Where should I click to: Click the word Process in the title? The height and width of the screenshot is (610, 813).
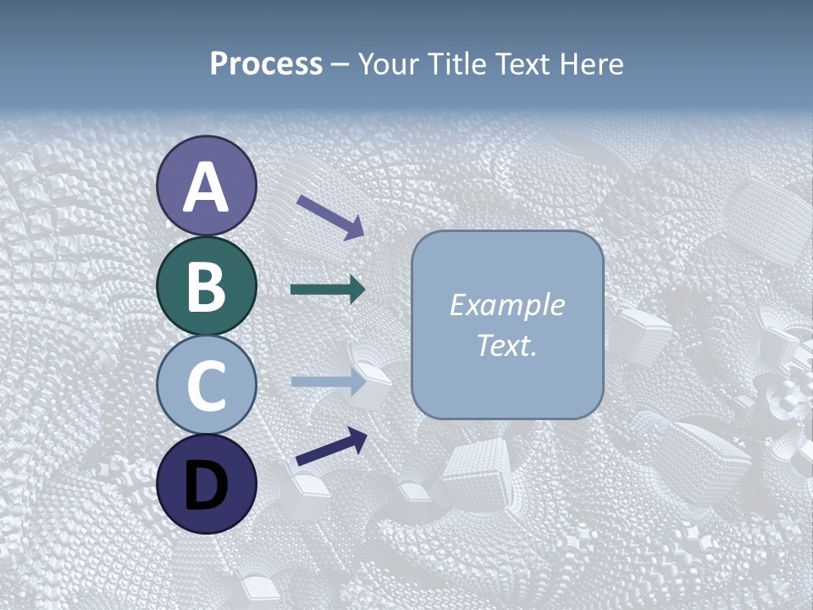point(266,64)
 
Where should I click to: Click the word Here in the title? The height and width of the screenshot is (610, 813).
point(596,64)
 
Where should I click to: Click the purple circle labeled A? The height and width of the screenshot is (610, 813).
point(207,186)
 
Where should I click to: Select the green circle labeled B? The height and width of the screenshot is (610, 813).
point(207,286)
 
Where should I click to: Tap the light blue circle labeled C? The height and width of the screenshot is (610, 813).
point(207,385)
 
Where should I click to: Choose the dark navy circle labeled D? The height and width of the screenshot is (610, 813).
point(207,484)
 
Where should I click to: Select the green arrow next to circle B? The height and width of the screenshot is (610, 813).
point(327,290)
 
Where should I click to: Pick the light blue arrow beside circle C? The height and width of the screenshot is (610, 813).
point(327,382)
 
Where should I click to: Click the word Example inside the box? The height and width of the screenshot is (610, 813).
point(506,305)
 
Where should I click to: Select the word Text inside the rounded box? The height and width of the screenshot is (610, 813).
point(503,346)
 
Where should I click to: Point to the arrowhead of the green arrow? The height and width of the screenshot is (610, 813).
point(357,290)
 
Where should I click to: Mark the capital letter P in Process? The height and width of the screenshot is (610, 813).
point(219,64)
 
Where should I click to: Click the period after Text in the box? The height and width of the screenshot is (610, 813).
point(534,354)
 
